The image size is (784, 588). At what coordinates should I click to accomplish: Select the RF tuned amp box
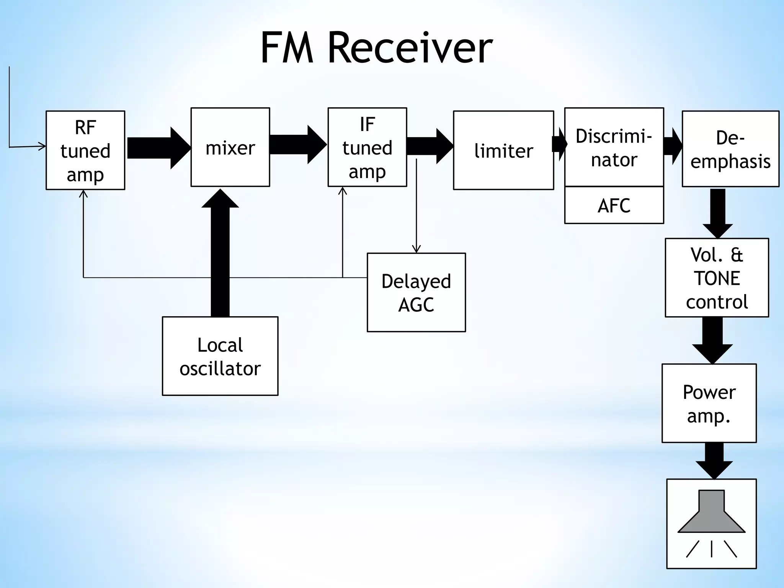click(x=85, y=150)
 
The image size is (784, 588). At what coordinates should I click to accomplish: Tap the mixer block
click(x=230, y=147)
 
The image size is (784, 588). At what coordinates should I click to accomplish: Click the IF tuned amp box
click(x=367, y=147)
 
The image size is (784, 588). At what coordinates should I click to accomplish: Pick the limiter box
click(x=503, y=150)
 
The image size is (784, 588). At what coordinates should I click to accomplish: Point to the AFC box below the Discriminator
click(x=614, y=206)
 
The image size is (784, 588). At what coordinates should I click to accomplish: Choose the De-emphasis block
click(x=730, y=149)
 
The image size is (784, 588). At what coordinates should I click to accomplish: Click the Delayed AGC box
click(x=416, y=292)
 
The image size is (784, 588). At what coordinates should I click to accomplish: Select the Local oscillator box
click(x=220, y=356)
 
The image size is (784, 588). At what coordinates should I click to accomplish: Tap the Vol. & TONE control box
click(x=717, y=278)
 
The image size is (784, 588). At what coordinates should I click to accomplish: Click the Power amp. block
click(x=709, y=403)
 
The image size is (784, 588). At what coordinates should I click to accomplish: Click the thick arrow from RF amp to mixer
click(x=158, y=148)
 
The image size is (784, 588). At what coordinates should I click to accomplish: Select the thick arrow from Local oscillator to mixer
click(x=220, y=253)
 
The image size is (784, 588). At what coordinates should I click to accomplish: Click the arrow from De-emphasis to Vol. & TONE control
click(x=718, y=213)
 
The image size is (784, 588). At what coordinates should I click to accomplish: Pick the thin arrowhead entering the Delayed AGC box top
click(x=416, y=249)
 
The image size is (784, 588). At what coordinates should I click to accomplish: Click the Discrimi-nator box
click(x=614, y=147)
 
